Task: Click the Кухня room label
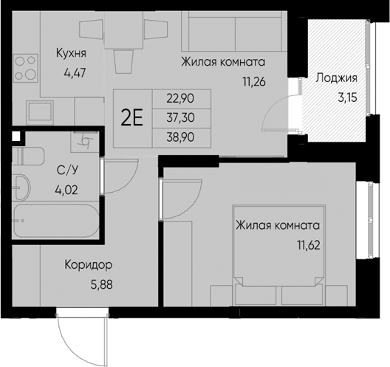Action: point(71,53)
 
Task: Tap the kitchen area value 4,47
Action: point(75,73)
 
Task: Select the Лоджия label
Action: point(337,78)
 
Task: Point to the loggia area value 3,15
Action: point(347,97)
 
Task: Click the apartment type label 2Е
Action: point(131,118)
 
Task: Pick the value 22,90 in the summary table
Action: point(180,99)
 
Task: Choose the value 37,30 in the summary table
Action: point(180,117)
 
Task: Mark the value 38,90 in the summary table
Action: point(180,137)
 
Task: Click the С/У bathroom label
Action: point(67,170)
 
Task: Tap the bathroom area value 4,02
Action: point(66,191)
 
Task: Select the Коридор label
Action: point(89,266)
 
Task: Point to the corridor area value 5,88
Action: point(101,285)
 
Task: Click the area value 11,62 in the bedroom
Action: point(309,245)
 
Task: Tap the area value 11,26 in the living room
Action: point(254,81)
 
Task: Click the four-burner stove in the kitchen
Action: point(25,68)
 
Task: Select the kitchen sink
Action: point(40,113)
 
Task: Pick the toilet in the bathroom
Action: point(28,156)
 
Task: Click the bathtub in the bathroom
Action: point(56,221)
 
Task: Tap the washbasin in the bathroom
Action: point(21,187)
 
